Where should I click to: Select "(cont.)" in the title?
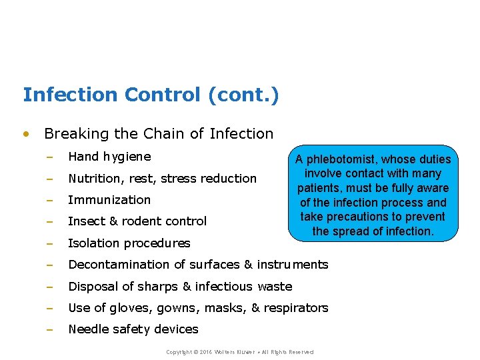click(x=243, y=95)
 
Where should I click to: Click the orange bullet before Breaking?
click(x=26, y=133)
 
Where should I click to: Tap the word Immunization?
click(x=109, y=200)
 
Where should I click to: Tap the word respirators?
click(x=296, y=308)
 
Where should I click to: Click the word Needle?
click(x=89, y=329)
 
